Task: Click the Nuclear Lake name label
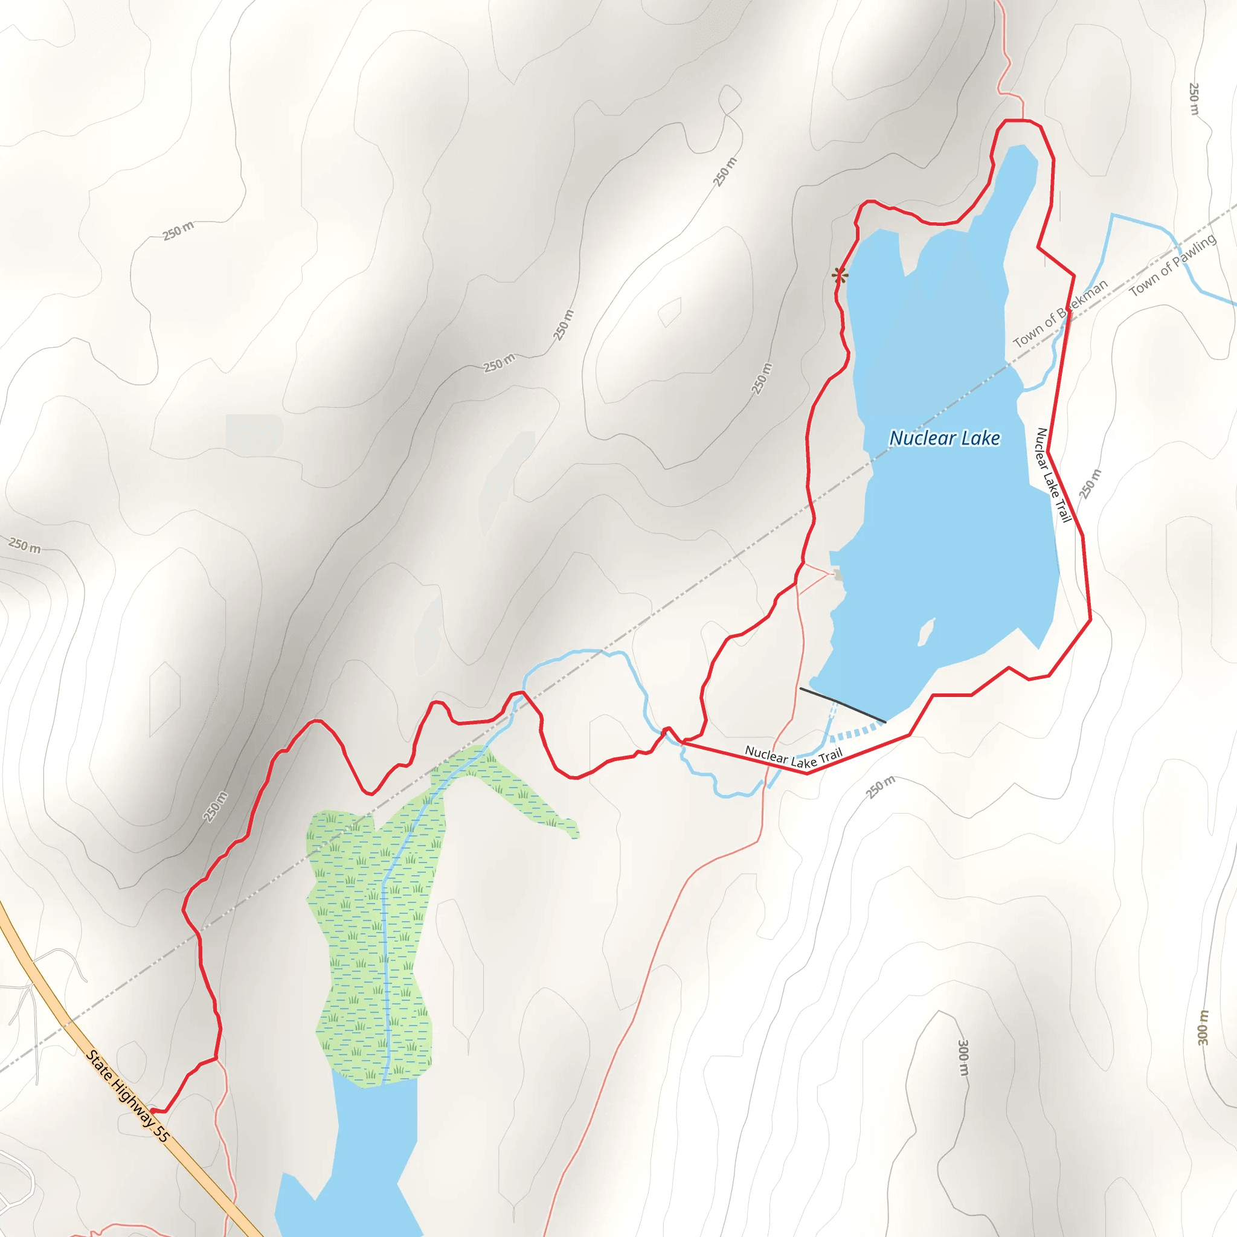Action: (945, 439)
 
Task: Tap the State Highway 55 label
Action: (127, 1096)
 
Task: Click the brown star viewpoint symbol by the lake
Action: (840, 276)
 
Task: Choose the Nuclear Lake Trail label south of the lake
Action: (793, 757)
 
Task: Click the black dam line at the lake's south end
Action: (843, 705)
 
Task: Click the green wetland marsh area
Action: (371, 928)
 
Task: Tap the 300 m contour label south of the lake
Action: (963, 1058)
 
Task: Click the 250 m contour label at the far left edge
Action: (24, 545)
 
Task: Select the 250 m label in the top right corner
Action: (1194, 98)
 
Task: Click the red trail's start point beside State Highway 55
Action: (151, 1111)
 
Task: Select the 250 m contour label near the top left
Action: (178, 231)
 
